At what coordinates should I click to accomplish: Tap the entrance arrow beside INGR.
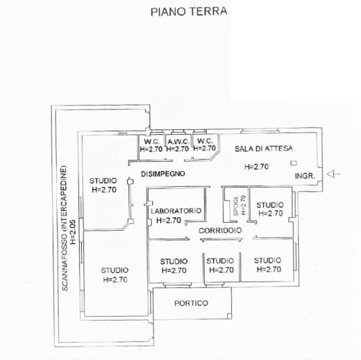[x=334, y=175]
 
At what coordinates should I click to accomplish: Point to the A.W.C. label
[x=177, y=141]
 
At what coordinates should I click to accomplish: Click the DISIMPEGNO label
[x=163, y=174]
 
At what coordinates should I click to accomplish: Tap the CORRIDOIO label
[x=220, y=231]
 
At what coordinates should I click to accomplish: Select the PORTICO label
[x=191, y=302]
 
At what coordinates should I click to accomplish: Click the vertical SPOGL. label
[x=236, y=206]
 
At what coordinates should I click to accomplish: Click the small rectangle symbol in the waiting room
[x=293, y=163]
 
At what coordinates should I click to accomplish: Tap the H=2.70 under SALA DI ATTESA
[x=257, y=166]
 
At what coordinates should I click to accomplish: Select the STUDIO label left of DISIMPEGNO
[x=103, y=181]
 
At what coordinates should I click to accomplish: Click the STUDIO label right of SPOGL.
[x=270, y=204]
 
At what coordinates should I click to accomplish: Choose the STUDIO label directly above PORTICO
[x=174, y=261]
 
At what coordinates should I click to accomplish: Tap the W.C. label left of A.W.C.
[x=151, y=141]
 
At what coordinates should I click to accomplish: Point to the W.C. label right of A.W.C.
[x=204, y=141]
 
